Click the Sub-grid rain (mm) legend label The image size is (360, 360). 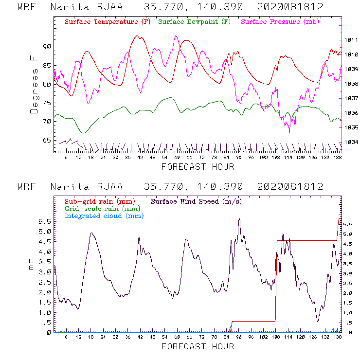tap(99, 201)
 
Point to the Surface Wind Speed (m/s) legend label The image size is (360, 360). tap(197, 201)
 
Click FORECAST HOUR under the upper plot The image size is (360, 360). tap(198, 167)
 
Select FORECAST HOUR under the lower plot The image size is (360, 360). tap(198, 347)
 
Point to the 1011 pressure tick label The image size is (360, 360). tap(351, 40)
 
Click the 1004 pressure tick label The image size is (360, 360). tap(351, 142)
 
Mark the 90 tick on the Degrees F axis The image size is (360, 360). tap(47, 47)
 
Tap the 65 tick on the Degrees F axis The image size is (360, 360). tap(47, 141)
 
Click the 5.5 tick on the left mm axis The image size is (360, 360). tap(45, 221)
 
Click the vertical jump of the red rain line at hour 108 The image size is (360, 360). tap(276, 281)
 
